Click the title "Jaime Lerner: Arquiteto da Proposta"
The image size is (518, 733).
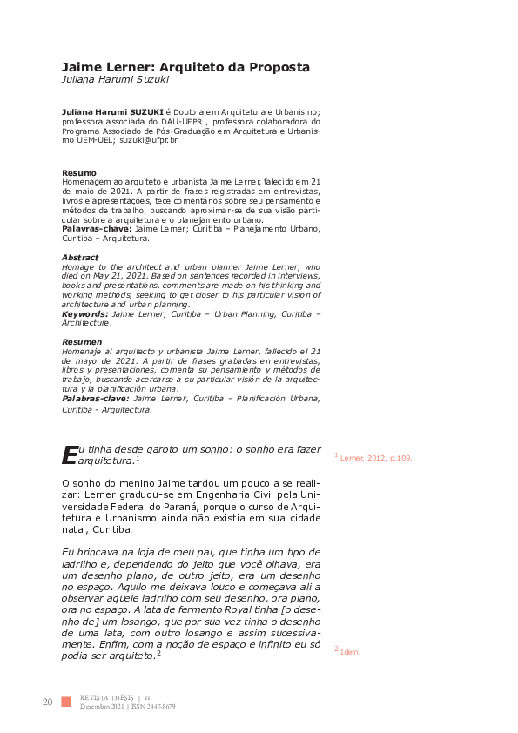point(185,66)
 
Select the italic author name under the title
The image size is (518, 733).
point(116,79)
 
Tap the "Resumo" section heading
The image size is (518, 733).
point(79,172)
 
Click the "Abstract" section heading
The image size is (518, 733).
point(81,258)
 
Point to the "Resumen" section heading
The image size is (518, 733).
point(83,343)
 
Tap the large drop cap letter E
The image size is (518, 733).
point(69,454)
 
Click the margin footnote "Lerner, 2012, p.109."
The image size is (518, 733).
point(376,457)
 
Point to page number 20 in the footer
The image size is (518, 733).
point(47,702)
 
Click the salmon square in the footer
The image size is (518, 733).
point(66,702)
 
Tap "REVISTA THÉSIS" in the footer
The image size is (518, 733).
point(106,697)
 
